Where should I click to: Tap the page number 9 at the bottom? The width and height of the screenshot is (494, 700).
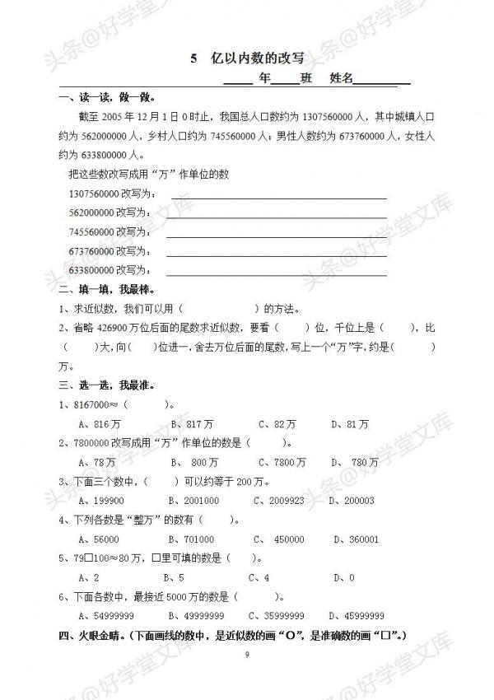pos(246,654)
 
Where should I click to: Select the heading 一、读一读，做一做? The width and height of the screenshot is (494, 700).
pos(107,100)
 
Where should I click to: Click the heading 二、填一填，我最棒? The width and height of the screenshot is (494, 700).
pos(107,289)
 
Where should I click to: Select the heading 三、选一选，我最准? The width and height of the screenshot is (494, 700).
pos(107,385)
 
